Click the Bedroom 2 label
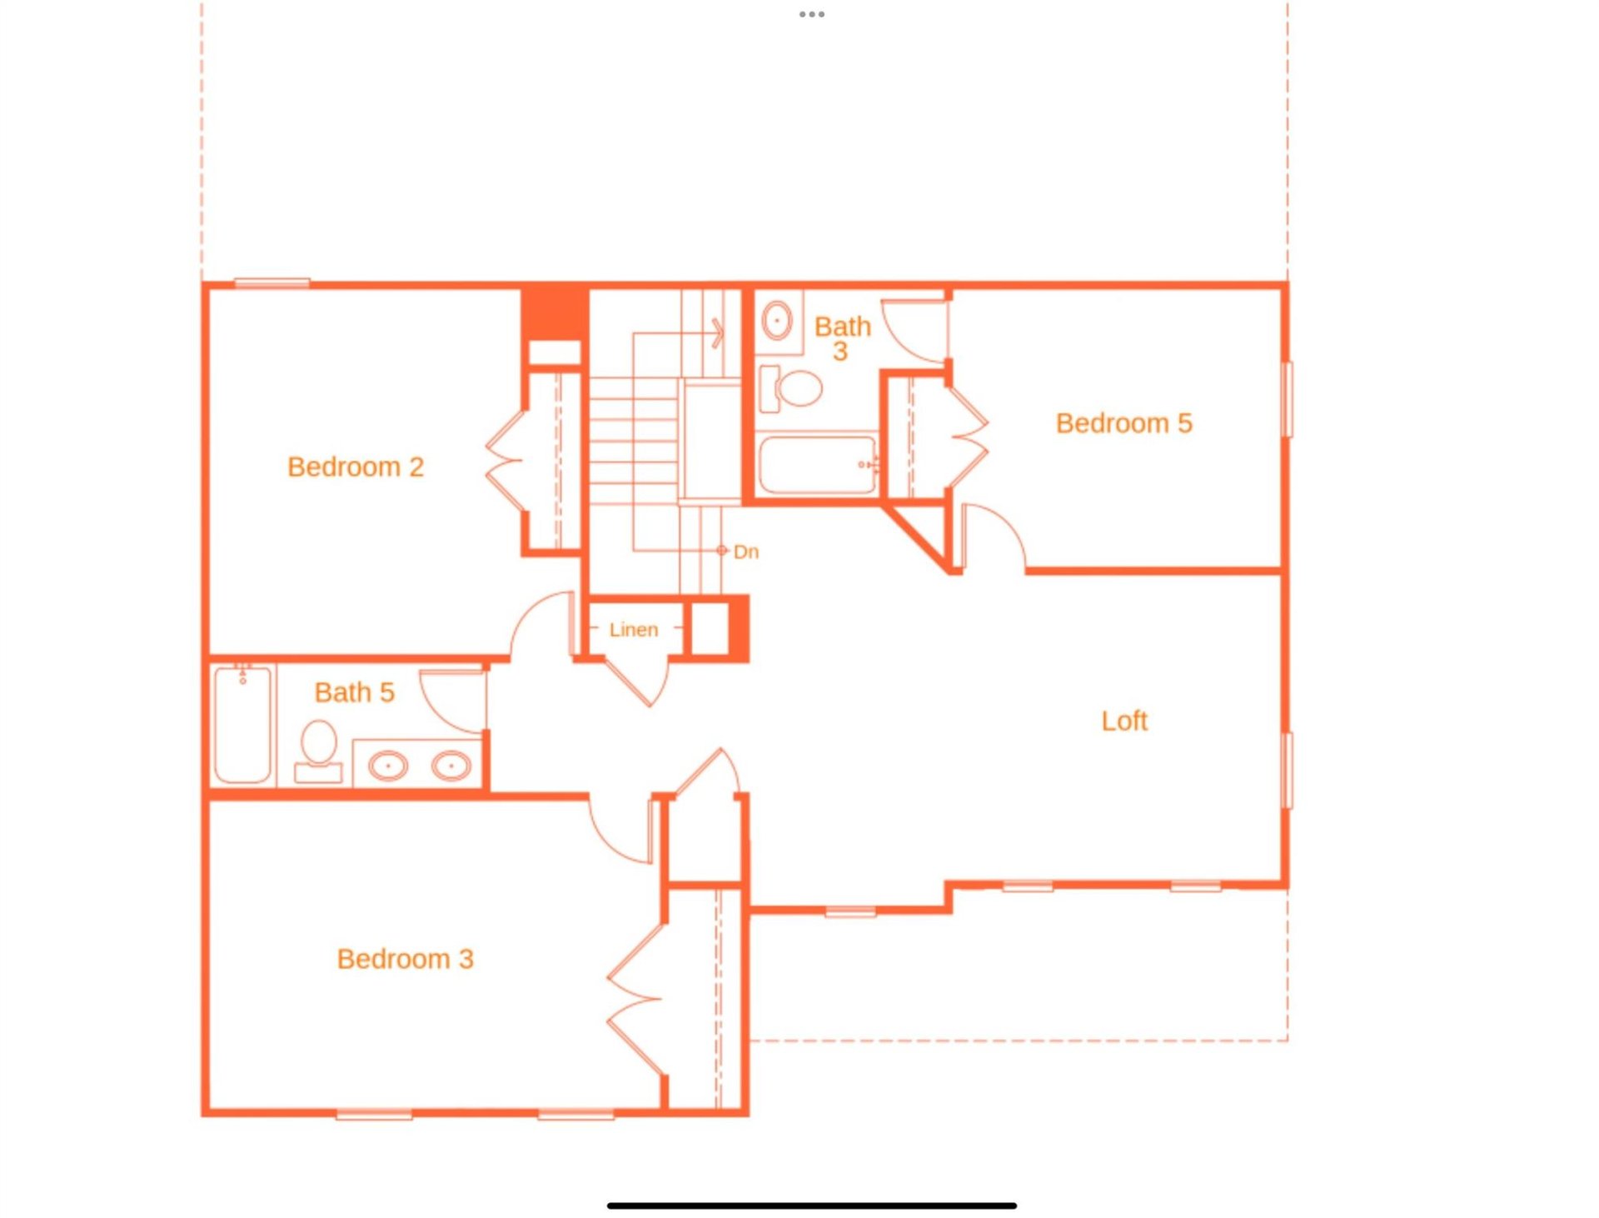(356, 467)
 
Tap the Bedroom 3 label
(405, 959)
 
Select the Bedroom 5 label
(1123, 423)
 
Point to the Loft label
(1123, 721)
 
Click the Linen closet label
(633, 630)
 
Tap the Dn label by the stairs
(745, 552)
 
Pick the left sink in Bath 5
(387, 765)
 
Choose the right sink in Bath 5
(451, 765)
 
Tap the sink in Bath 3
(777, 320)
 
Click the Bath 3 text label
(842, 337)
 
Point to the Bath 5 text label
(354, 692)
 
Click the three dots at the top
(811, 14)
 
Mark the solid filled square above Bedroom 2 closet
(555, 312)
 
